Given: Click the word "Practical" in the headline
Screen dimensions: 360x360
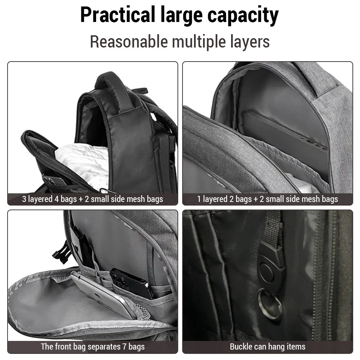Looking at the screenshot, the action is pyautogui.click(x=118, y=15).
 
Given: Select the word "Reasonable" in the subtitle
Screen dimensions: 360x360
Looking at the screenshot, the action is pyautogui.click(x=129, y=41).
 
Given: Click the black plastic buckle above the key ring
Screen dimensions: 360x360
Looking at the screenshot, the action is pyautogui.click(x=271, y=266).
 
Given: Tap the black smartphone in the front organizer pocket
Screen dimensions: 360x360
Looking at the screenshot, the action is pyautogui.click(x=131, y=284).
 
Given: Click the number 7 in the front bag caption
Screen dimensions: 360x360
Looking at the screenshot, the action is pyautogui.click(x=124, y=346).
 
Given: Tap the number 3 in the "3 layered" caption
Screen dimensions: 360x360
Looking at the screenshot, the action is pyautogui.click(x=24, y=199).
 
